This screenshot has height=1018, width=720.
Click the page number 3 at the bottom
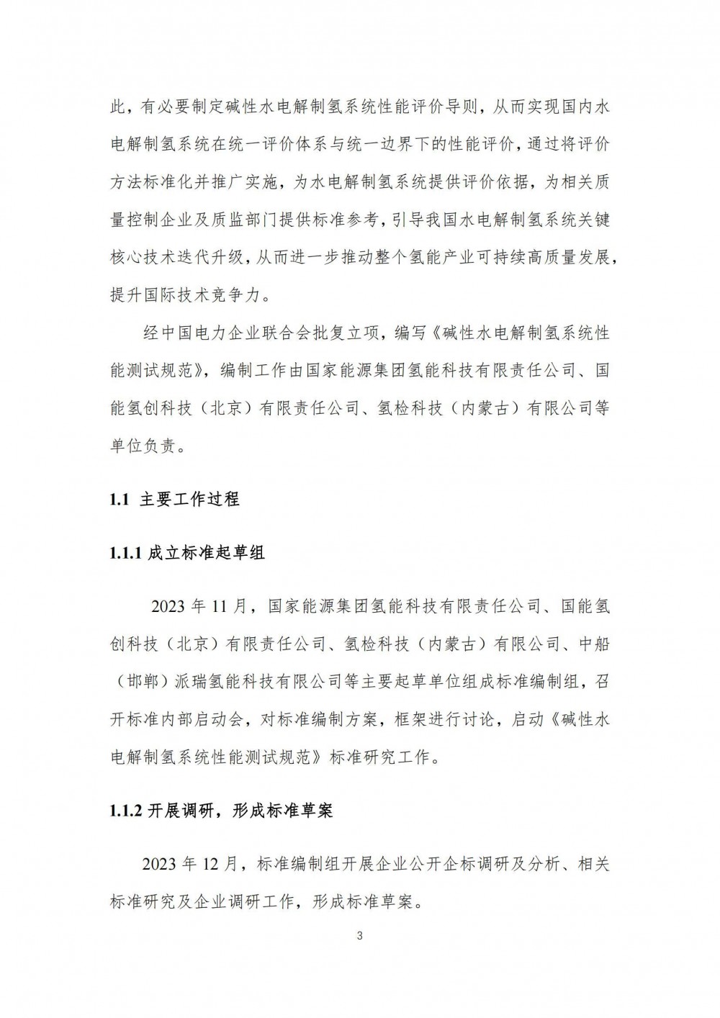[x=359, y=936]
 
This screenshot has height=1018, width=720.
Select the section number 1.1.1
[x=125, y=553]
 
